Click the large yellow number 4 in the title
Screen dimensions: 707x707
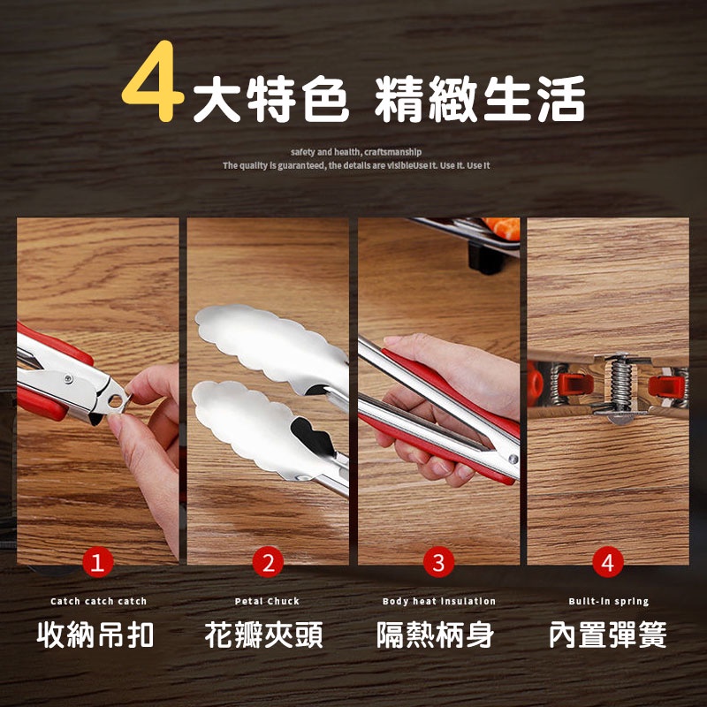point(152,81)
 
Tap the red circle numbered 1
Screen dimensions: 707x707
point(97,562)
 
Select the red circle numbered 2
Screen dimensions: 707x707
point(268,562)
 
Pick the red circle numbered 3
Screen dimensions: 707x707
point(438,562)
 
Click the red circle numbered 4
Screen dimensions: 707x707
point(608,562)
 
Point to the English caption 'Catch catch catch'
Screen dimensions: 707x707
point(98,601)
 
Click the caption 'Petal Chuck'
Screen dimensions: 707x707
point(267,601)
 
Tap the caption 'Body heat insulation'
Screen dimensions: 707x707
point(438,601)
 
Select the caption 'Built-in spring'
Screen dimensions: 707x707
point(609,601)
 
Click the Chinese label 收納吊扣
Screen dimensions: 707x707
point(95,635)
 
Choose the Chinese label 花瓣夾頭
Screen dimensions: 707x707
point(264,635)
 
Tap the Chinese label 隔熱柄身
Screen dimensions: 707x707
point(435,635)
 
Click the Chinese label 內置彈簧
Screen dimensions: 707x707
point(608,635)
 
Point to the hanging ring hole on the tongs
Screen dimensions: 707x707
point(116,400)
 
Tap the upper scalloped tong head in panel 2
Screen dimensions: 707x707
point(270,344)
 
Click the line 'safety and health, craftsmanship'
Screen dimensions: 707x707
point(356,152)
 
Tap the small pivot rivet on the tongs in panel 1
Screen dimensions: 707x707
point(69,378)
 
